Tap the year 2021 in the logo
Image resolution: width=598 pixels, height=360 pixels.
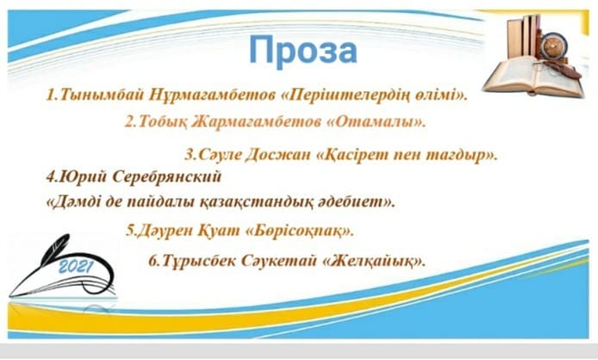coord(75,267)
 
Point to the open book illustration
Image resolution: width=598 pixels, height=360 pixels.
coord(533,77)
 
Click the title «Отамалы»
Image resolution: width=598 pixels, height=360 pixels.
coord(377,121)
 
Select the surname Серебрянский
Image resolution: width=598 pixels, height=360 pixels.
coord(166,177)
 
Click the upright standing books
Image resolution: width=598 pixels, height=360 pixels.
coord(524,37)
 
